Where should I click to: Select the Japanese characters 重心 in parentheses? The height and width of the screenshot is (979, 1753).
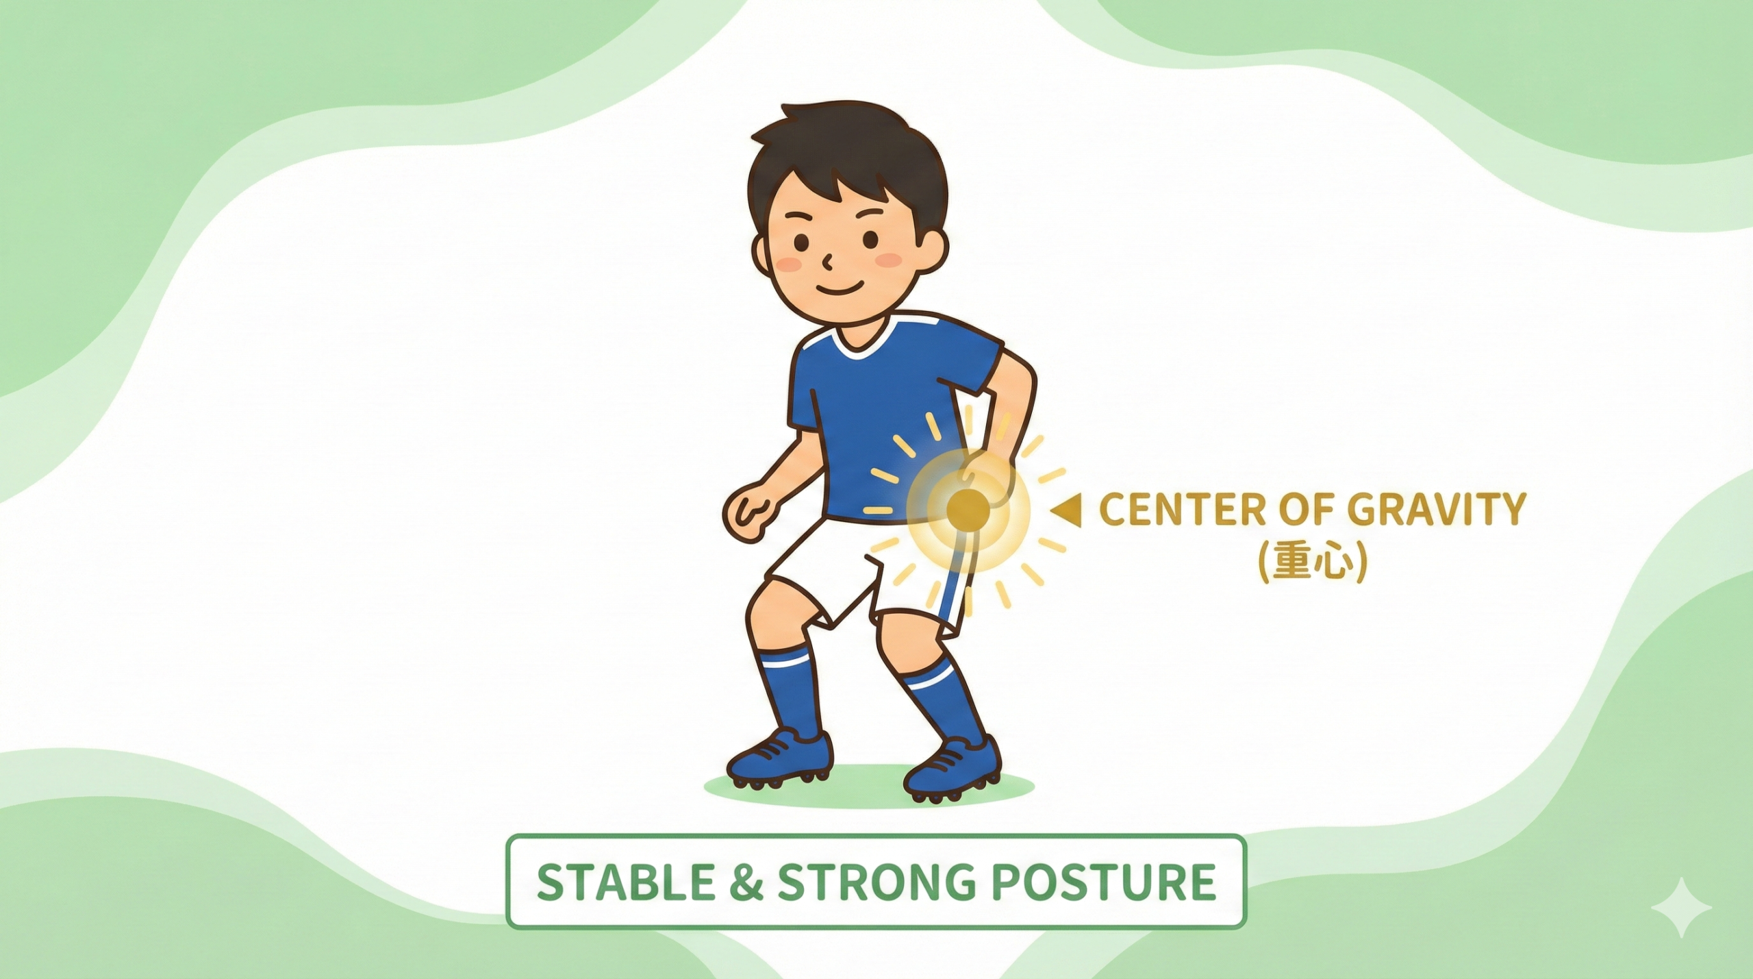[x=1313, y=563]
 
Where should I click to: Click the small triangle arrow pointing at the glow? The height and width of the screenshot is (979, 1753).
[x=1068, y=511]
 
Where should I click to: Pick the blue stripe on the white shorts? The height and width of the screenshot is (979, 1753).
[x=955, y=590]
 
